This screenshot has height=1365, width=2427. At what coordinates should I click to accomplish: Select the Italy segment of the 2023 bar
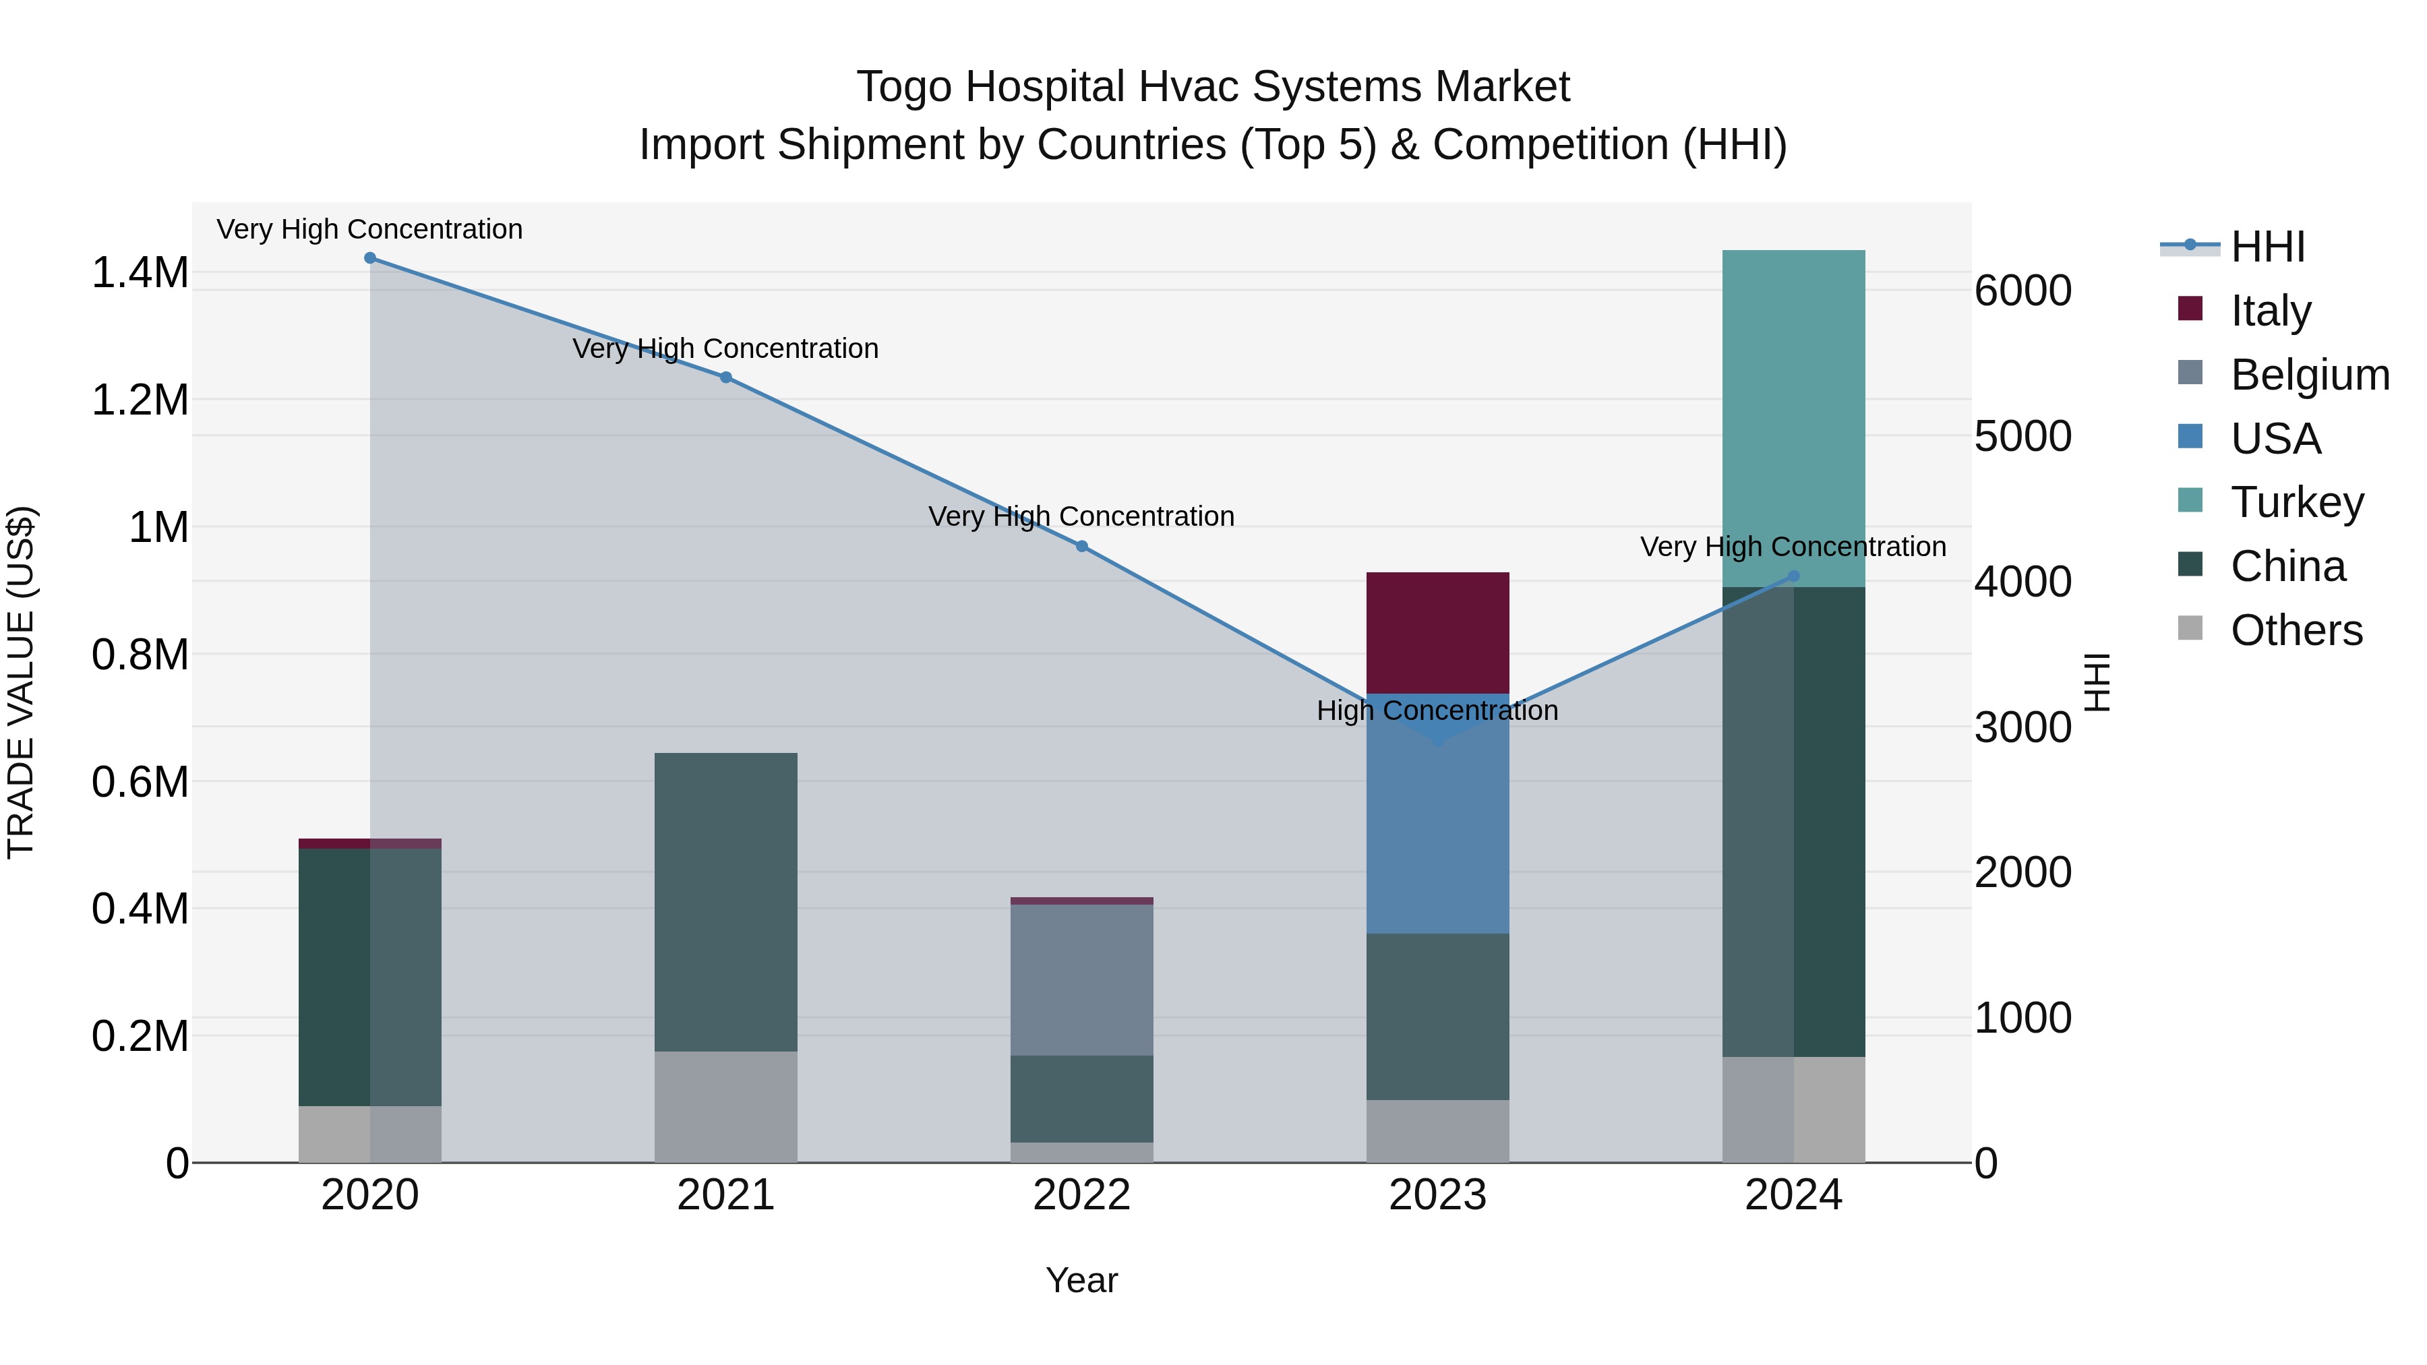1437,632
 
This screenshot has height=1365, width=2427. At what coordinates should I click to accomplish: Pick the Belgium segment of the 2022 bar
1081,979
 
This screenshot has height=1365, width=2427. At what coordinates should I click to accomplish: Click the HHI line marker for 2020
370,258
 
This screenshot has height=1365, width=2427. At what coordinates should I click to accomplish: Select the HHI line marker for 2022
1081,547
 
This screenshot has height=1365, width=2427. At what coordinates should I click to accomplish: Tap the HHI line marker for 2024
1793,576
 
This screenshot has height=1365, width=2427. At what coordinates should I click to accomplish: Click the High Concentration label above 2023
1437,710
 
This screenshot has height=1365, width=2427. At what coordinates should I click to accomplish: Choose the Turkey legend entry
2297,502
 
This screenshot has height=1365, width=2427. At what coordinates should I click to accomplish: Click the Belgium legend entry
2309,375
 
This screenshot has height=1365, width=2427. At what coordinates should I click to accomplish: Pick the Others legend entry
2296,630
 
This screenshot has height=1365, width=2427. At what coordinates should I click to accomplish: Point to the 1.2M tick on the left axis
140,400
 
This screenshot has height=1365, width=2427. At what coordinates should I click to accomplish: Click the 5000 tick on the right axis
2022,436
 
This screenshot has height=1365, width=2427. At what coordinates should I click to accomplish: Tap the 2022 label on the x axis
1081,1195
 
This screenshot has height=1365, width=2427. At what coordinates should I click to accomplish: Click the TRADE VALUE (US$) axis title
22,682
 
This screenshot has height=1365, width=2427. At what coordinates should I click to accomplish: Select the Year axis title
1081,1280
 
